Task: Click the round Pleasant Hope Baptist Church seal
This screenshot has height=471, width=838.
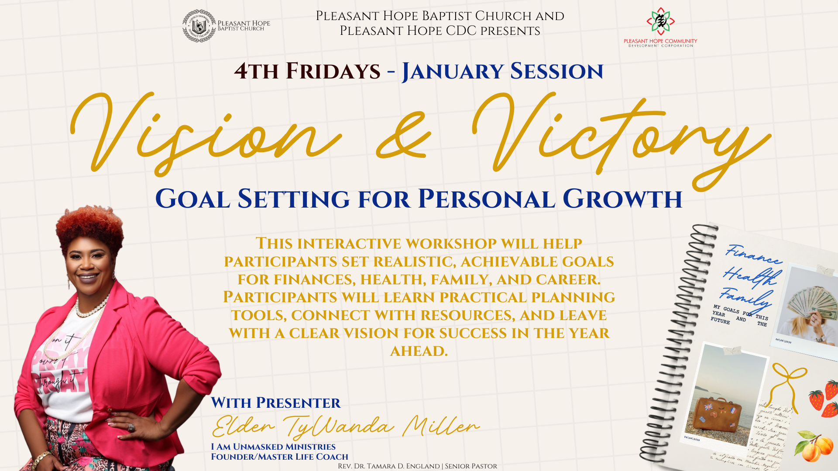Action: click(199, 26)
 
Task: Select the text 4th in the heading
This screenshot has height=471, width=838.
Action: click(256, 72)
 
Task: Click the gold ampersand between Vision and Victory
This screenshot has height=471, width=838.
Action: click(404, 136)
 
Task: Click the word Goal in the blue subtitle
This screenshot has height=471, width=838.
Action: click(192, 200)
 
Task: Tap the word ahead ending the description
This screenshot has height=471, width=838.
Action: click(419, 351)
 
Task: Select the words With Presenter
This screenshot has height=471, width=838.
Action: click(275, 403)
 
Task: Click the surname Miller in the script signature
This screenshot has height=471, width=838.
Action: click(441, 426)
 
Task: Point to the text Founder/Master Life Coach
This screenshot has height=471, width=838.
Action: click(279, 457)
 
